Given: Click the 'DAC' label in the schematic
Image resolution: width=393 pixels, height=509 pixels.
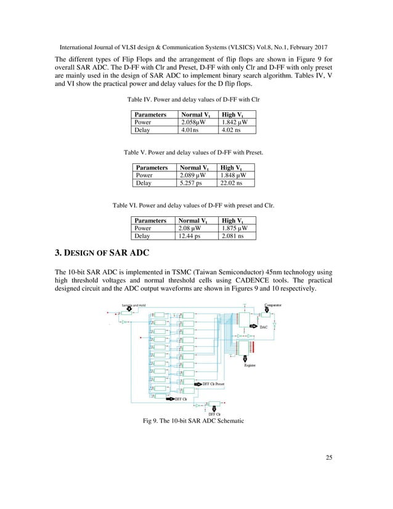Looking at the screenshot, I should tap(263, 327).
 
